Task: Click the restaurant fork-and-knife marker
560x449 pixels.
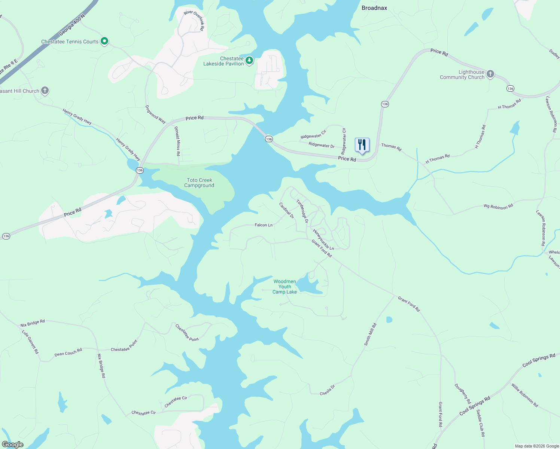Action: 362,145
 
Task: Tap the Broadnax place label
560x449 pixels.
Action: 374,8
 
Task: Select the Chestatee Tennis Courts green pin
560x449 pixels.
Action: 105,41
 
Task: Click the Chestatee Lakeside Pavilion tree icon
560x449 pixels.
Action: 249,60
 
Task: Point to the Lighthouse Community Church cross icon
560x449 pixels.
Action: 490,74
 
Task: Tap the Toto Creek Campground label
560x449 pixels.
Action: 200,183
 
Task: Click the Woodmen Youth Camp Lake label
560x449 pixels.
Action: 284,287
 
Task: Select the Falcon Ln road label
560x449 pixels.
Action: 264,225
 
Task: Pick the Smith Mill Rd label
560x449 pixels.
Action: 370,334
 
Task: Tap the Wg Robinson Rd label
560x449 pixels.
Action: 498,206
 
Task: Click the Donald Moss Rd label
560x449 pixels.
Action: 177,141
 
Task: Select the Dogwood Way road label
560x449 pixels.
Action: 155,114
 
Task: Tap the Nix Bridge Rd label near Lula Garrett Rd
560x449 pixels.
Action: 33,323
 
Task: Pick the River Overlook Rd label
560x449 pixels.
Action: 194,20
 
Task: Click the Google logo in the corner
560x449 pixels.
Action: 12,445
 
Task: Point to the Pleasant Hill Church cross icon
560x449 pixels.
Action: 45,90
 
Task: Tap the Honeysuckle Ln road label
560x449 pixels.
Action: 323,239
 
